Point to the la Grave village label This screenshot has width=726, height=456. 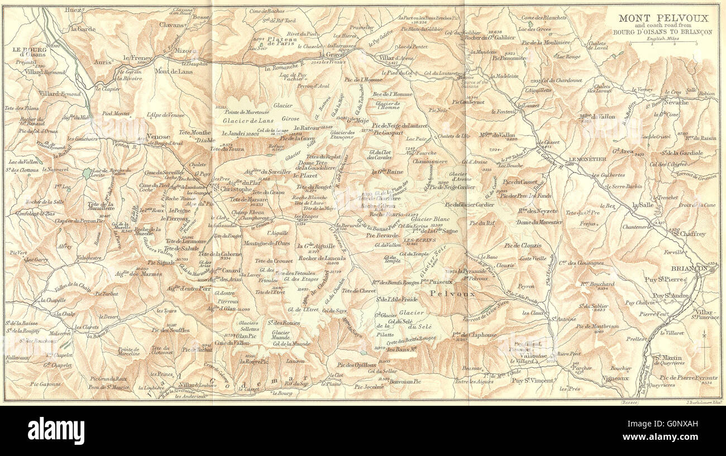click(x=331, y=55)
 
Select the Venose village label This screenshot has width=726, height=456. click(x=158, y=136)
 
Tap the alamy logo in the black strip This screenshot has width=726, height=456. click(x=56, y=431)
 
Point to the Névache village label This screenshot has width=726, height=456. click(x=676, y=103)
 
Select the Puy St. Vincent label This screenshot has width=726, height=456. click(x=532, y=381)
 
